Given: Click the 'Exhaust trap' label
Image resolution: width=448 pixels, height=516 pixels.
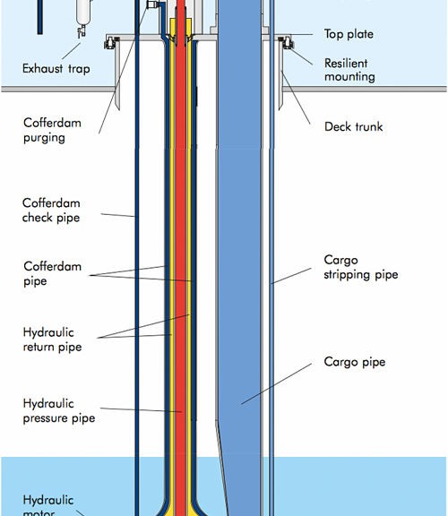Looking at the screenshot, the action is point(56,69).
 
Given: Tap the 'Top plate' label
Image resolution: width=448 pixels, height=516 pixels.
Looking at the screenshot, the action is point(349,34).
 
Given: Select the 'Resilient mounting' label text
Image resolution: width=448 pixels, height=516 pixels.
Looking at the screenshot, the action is point(349,70).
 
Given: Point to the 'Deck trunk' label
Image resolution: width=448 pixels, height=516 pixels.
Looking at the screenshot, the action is point(354,126).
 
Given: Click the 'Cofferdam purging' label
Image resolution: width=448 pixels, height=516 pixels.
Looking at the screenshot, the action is point(52,130).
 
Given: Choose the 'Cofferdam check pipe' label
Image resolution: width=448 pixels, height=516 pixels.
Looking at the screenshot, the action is point(51,211).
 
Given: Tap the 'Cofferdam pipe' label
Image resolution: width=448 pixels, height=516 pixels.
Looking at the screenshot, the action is point(52,274).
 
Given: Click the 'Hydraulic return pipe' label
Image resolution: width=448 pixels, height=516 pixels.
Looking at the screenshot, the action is point(52,340).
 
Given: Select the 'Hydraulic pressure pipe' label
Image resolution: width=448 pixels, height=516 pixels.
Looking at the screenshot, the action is point(59,410).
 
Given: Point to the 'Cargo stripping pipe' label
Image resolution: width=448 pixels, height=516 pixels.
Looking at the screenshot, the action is point(361,267).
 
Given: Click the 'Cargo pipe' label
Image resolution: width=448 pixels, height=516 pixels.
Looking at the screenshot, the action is point(355,362).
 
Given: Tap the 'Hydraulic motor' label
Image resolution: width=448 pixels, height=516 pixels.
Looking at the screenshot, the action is point(48,507).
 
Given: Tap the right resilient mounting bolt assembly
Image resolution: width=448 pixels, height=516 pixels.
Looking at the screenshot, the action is point(286,43).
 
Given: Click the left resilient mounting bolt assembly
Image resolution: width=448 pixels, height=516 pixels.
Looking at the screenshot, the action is point(111,43).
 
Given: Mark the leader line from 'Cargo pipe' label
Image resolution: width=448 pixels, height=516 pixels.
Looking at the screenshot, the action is point(276,383).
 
